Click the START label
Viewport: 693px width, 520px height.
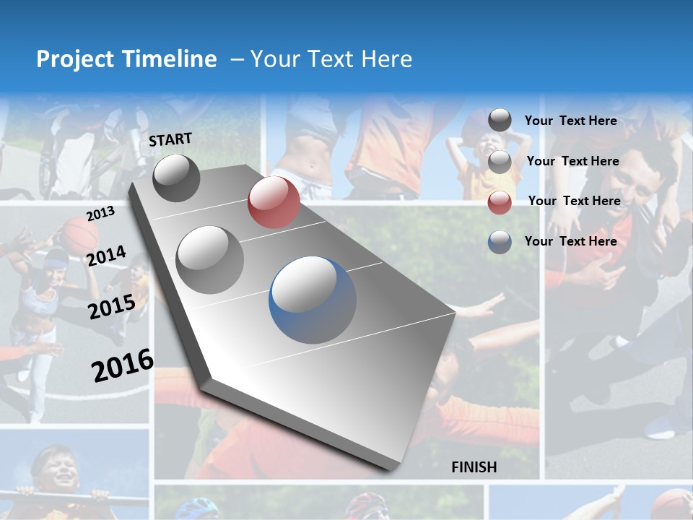[170, 139]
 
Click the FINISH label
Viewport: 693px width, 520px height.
[474, 467]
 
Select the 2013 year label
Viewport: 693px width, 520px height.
[100, 214]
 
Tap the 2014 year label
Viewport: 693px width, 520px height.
[106, 256]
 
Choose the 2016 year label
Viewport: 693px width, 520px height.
[123, 365]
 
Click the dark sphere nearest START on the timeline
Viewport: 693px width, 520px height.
[176, 178]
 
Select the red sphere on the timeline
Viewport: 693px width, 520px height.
[274, 202]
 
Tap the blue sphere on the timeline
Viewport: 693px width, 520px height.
[313, 300]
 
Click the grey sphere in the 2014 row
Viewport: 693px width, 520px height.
[210, 259]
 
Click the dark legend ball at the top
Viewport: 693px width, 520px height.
[500, 121]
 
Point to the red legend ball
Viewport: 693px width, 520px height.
[500, 202]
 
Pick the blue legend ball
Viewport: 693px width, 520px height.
[500, 242]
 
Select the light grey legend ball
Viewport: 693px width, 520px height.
[500, 162]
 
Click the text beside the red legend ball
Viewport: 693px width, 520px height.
[574, 201]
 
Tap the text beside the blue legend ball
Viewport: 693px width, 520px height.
[570, 241]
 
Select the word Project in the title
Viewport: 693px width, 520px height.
[74, 59]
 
